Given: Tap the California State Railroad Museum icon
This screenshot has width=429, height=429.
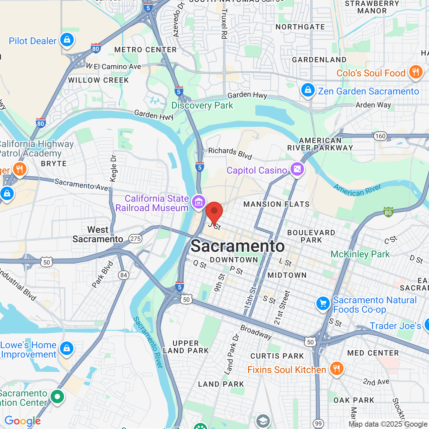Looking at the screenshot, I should click(x=198, y=202).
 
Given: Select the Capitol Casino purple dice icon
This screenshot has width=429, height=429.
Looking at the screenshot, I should click(x=297, y=169).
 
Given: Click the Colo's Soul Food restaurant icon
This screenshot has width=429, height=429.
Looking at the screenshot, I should click(x=416, y=72).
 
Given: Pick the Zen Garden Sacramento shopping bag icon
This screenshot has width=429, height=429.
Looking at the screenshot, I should click(x=308, y=90).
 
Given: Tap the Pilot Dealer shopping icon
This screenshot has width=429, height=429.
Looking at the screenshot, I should click(x=67, y=40).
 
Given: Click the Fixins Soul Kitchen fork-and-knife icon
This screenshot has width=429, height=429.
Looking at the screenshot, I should click(x=336, y=369).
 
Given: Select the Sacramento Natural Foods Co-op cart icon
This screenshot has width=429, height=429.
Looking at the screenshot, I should click(x=323, y=304).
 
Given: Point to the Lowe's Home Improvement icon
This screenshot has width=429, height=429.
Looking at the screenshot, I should click(x=67, y=349).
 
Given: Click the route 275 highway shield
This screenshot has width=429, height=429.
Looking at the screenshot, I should click(x=135, y=239).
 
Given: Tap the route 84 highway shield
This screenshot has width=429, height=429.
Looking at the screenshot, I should click(x=124, y=275).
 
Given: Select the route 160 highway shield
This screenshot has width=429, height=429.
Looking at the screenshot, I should click(x=380, y=136).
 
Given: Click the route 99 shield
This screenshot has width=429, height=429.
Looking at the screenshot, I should click(x=318, y=424).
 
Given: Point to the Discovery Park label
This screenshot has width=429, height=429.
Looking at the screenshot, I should click(x=202, y=105).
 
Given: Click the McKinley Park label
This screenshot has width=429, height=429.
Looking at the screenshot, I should click(x=360, y=254).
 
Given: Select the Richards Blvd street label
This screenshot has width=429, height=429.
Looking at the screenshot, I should click(x=230, y=153).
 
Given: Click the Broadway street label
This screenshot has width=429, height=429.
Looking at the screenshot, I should click(x=256, y=332).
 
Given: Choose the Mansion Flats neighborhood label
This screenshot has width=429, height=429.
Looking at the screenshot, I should click(x=276, y=204).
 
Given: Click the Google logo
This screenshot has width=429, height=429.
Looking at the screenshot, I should click(x=22, y=421).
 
